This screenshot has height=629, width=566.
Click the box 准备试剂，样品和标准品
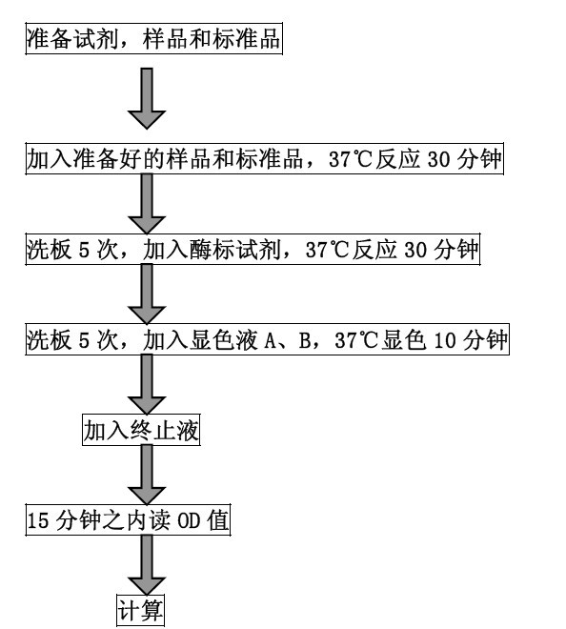pos(153,42)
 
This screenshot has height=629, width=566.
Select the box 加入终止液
pos(140,431)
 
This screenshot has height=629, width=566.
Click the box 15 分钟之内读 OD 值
pos(127,521)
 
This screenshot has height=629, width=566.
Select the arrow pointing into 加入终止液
pos(146,385)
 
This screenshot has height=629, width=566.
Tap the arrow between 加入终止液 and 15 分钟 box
pos(146,475)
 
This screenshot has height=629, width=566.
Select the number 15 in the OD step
pos(37,521)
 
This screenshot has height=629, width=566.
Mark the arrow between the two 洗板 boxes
pos(146,295)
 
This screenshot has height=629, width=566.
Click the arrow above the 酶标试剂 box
pos(146,204)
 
